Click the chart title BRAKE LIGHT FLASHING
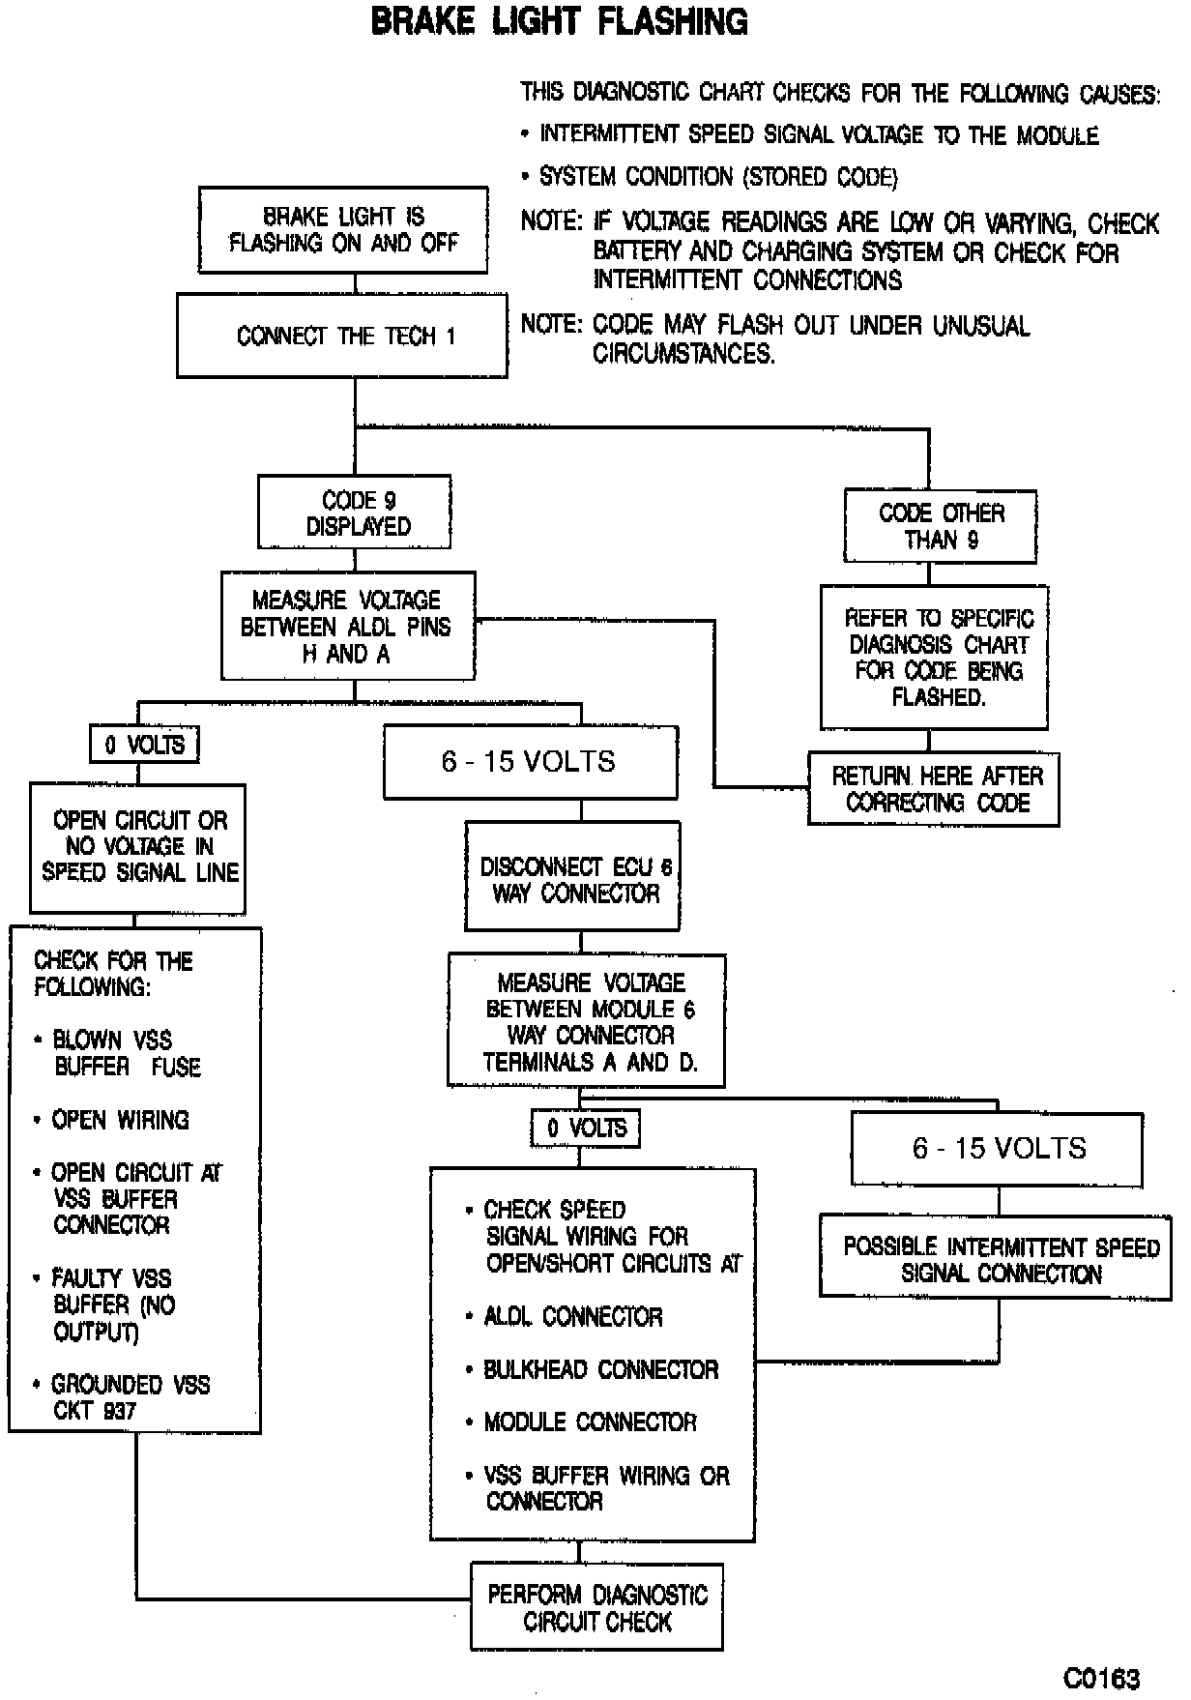[559, 22]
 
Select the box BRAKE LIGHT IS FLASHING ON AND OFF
[343, 230]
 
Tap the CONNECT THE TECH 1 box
[342, 337]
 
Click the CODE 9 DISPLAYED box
[355, 513]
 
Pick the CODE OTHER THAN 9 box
[941, 526]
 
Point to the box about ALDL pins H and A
[347, 627]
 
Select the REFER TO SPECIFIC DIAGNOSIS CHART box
[935, 657]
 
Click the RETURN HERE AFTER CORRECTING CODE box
[934, 789]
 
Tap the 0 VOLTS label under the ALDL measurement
[144, 745]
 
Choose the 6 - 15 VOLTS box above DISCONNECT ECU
[530, 762]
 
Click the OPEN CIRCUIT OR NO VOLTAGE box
[138, 847]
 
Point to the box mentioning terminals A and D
[587, 1021]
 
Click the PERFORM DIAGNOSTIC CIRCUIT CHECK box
[596, 1607]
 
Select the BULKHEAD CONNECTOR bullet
[599, 1369]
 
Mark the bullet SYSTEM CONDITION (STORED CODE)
[717, 177]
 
